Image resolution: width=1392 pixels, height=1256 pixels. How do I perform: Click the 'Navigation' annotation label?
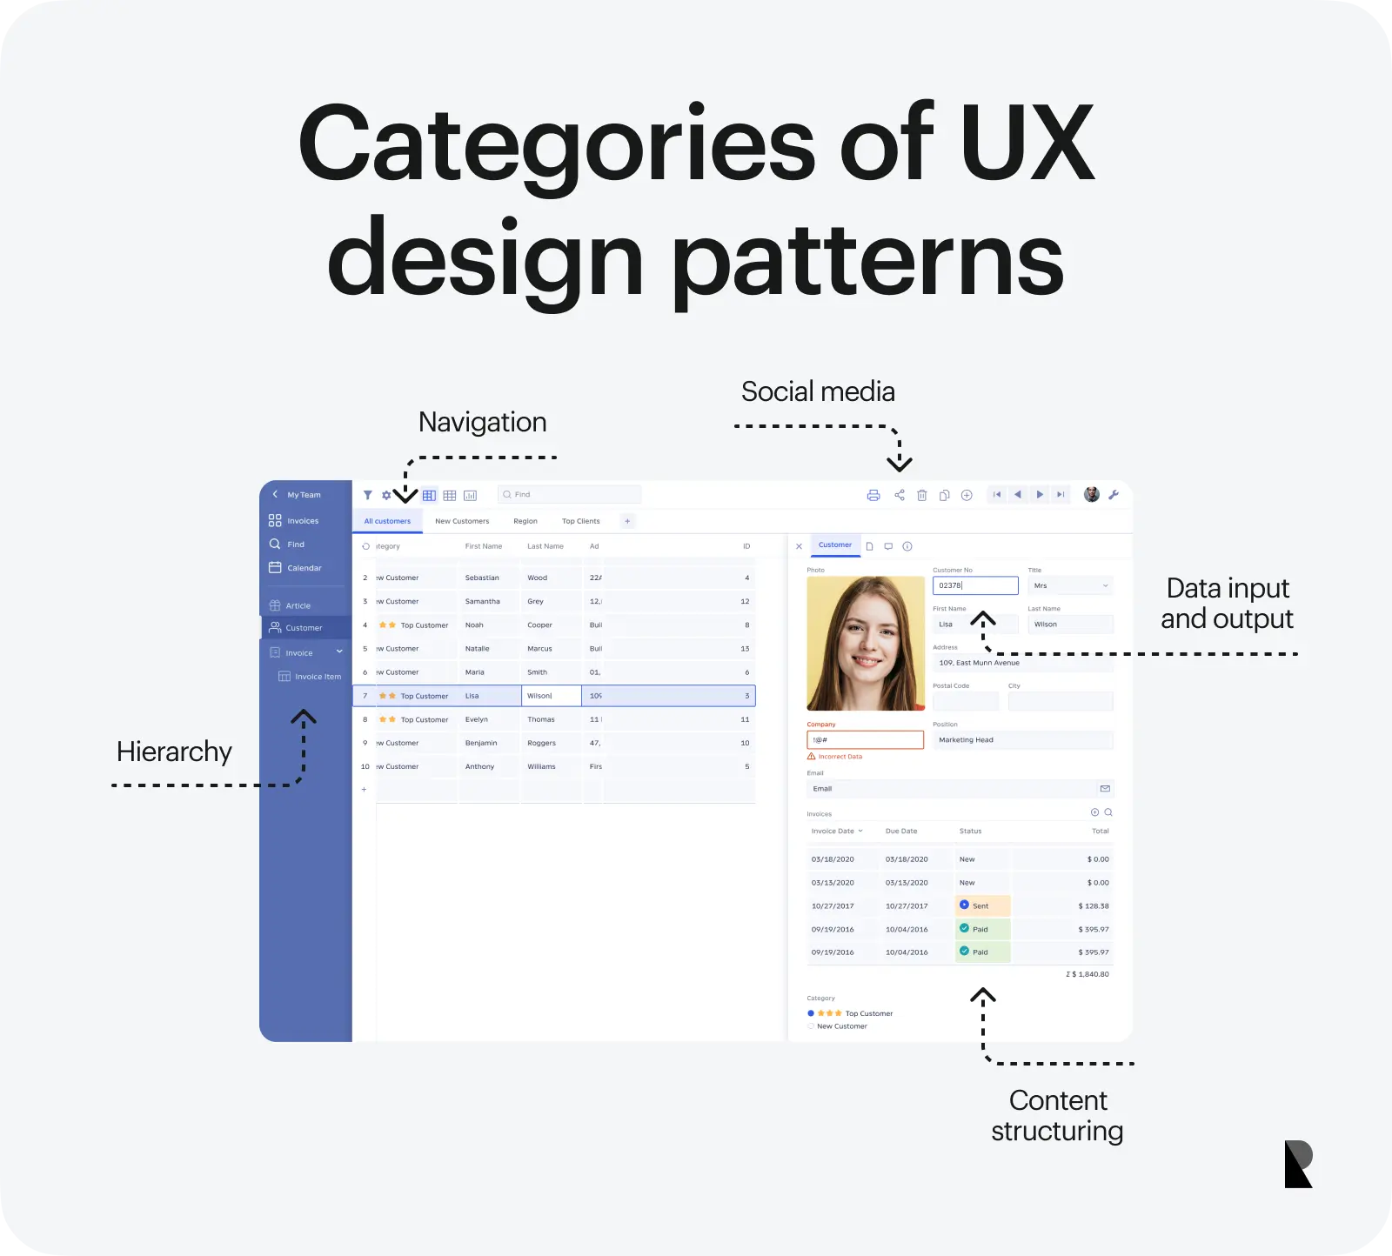[482, 423]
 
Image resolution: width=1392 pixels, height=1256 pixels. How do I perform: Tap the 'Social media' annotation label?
[818, 392]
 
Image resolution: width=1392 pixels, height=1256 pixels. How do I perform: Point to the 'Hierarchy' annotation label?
[174, 752]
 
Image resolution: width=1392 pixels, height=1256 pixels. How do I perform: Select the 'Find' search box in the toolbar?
[570, 495]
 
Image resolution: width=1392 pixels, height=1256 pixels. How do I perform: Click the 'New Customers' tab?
[462, 522]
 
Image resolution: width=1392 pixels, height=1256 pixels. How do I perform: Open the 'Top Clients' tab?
[580, 522]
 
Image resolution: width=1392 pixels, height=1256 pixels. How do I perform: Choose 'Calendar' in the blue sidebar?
[304, 568]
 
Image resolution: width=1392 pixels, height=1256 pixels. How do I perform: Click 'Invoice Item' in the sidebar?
[317, 677]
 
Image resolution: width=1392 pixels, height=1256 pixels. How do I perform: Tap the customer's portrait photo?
[865, 644]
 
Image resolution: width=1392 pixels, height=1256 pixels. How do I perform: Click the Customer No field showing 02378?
[975, 586]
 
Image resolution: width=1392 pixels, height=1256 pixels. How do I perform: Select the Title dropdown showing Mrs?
[1070, 586]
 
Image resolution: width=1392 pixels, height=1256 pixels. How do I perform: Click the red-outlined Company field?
[865, 740]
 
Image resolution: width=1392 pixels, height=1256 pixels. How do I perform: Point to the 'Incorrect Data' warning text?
[840, 757]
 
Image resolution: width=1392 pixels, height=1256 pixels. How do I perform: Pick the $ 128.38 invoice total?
[1094, 906]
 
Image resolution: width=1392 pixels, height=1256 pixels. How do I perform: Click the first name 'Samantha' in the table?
[483, 602]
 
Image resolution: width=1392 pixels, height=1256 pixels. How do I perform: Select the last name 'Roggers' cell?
[541, 744]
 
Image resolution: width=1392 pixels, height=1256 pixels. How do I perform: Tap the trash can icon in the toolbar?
[922, 496]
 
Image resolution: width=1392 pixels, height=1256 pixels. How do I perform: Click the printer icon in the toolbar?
[873, 496]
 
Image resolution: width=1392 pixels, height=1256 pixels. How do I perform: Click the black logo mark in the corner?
[1298, 1164]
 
